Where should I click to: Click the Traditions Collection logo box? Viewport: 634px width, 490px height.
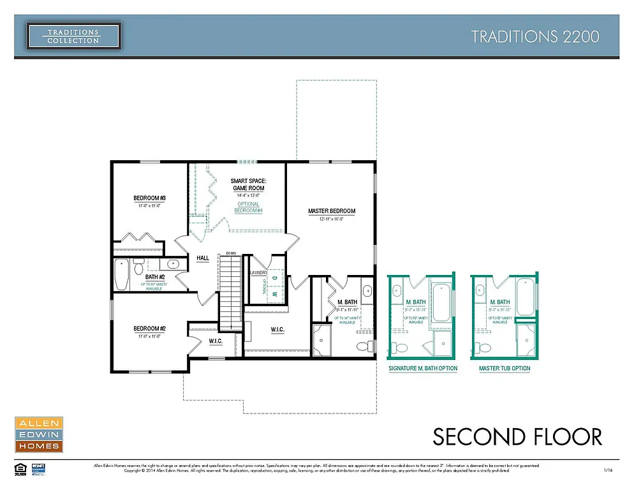pos(73,36)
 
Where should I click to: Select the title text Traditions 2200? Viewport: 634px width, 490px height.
pos(535,36)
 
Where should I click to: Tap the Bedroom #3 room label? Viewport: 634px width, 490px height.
pos(150,197)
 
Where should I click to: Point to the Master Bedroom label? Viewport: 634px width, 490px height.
pos(331,211)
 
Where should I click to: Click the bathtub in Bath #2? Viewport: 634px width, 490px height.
pos(121,275)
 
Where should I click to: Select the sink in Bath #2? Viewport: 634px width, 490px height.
pos(172,264)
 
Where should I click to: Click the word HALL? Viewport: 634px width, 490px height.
pos(203,258)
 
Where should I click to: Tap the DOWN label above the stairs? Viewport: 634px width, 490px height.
pos(231,254)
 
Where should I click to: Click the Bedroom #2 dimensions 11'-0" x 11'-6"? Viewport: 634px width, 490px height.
pos(150,336)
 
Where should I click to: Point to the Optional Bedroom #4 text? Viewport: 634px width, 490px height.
pos(248,207)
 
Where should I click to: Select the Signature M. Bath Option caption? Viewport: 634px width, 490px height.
pos(423,368)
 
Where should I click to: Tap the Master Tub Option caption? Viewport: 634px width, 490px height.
pos(505,368)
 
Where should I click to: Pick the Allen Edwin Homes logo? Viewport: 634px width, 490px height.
pos(38,434)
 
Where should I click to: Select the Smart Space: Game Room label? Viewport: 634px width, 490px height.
pos(248,185)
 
